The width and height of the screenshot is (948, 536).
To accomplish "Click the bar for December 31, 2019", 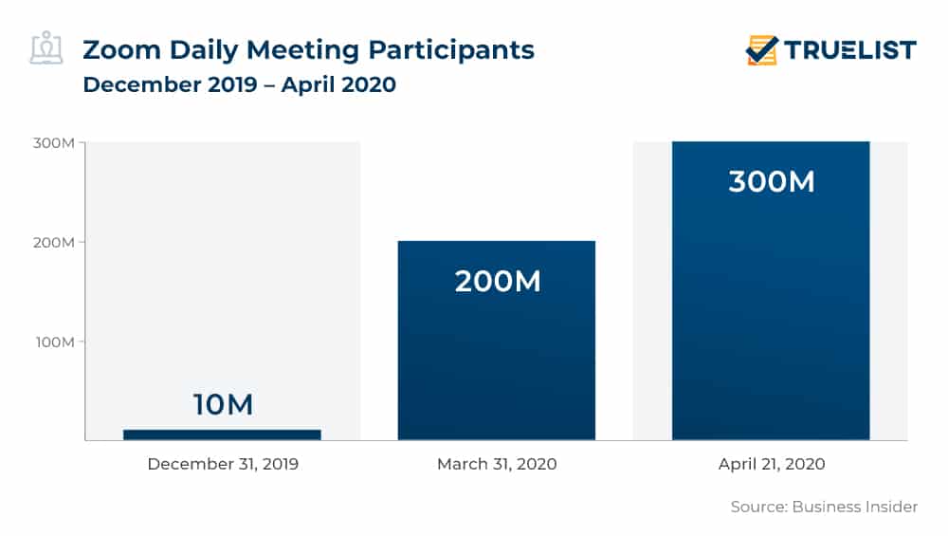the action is click(x=222, y=434).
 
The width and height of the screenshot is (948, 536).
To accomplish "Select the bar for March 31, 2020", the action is click(x=497, y=341).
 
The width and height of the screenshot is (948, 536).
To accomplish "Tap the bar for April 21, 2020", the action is click(x=771, y=291).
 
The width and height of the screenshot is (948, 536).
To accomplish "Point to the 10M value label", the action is click(x=223, y=404).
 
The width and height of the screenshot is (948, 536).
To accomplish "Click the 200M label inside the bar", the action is click(x=498, y=282).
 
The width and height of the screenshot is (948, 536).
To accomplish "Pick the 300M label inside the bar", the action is click(x=772, y=181).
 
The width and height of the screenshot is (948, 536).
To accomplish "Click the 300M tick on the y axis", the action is click(x=54, y=142).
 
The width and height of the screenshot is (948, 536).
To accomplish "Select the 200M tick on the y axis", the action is click(x=54, y=242).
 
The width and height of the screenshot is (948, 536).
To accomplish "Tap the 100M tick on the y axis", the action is click(x=55, y=342).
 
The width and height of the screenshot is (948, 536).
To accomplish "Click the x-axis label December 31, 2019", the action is click(x=223, y=464).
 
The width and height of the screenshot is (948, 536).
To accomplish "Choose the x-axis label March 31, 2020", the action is click(x=497, y=464).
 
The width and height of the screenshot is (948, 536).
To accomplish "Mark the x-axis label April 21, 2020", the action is click(x=772, y=464).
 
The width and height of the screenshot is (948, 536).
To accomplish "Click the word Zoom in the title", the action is click(x=121, y=49).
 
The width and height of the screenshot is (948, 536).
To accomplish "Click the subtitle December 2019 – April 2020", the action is click(x=240, y=84).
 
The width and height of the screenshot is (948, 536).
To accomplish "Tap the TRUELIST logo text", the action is click(x=850, y=49).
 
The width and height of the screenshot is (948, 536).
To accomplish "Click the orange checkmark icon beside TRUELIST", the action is click(x=761, y=49).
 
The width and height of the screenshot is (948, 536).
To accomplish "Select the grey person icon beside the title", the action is click(x=46, y=47).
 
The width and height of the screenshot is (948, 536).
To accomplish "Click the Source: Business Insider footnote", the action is click(x=824, y=507).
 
